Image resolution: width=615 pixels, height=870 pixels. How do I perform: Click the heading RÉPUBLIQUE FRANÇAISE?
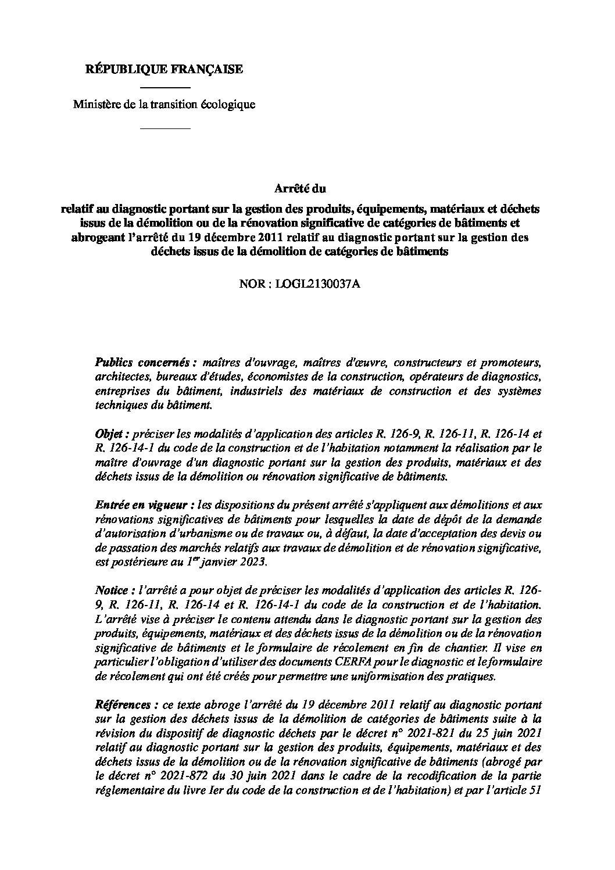pyautogui.click(x=165, y=70)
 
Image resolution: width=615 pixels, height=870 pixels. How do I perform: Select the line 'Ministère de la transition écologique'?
pyautogui.click(x=164, y=105)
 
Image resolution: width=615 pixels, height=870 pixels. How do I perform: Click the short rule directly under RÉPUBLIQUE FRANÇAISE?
pyautogui.click(x=166, y=87)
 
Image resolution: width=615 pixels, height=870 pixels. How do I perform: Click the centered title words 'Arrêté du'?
pyautogui.click(x=300, y=188)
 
